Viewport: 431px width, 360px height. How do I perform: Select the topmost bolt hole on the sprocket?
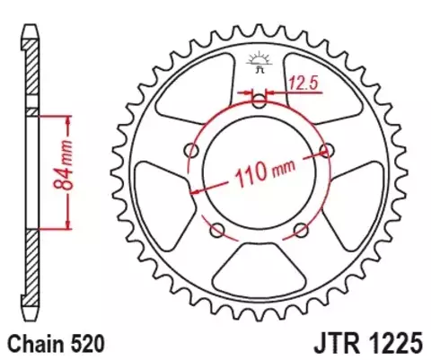259,101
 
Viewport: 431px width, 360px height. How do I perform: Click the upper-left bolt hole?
191,149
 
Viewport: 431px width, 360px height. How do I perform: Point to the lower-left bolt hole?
217,230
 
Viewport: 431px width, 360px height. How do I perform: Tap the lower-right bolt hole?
301,230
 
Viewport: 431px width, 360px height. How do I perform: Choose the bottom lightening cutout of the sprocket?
259,269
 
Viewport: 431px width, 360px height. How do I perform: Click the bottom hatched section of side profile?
29,269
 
